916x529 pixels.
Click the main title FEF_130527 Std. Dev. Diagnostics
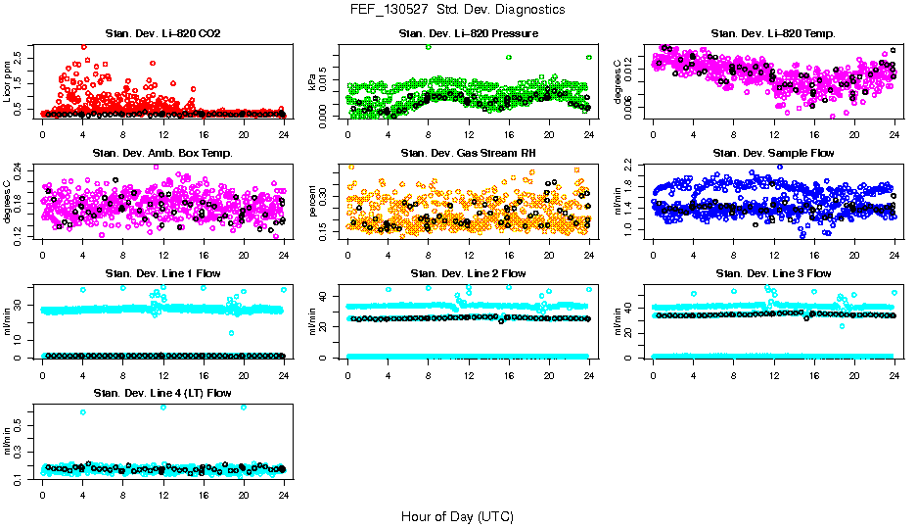457,10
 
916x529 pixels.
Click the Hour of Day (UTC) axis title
457,515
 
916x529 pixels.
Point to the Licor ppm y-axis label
7,82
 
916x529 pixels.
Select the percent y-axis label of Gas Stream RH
312,202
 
